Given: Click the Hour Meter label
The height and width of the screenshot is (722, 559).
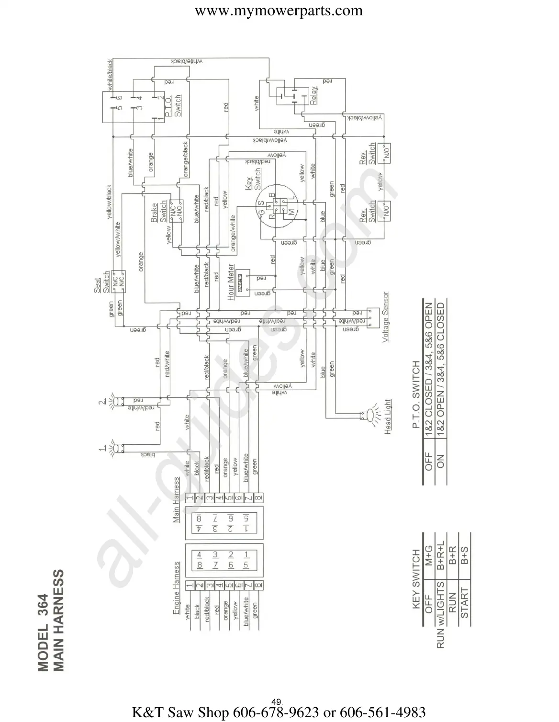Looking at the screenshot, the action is tap(231, 282).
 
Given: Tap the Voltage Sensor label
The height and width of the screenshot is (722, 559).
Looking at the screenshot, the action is tap(386, 317).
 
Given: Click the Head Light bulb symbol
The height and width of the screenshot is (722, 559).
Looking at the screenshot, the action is tap(369, 416).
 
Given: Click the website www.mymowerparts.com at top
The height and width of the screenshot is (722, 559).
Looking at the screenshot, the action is tap(279, 11).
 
